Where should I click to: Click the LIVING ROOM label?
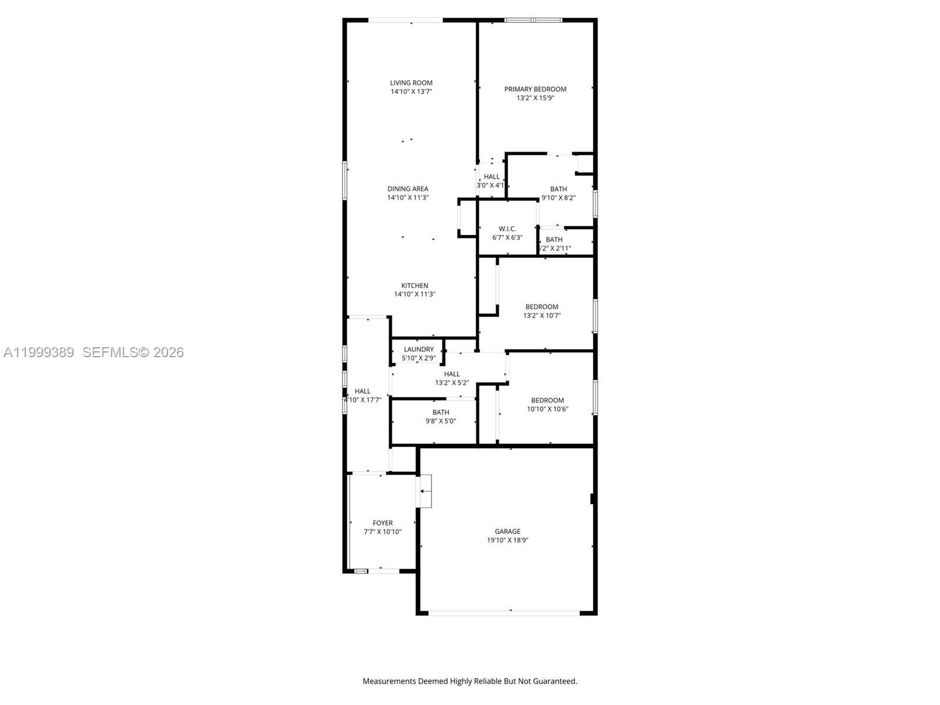pos(411,83)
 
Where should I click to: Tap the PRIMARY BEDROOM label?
pos(535,89)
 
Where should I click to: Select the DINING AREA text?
pos(408,189)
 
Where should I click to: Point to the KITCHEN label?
pos(415,286)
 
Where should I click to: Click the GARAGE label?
pos(508,531)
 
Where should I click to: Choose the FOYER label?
pos(382,523)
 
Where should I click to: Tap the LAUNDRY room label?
pos(418,349)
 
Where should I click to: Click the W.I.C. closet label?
pos(507,229)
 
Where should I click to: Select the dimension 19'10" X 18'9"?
pos(508,540)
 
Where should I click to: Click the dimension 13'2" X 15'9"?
pos(535,98)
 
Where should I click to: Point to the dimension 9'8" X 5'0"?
pos(441,421)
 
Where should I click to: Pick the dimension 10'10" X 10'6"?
pos(548,409)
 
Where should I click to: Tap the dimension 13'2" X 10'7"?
pos(542,315)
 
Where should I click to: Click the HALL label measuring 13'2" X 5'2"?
pos(452,374)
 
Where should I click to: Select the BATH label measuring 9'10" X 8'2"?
pos(558,189)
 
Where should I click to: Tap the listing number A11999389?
pos(39,352)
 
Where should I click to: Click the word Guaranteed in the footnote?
pos(555,681)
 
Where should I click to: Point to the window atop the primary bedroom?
pos(533,21)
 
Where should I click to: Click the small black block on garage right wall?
pos(593,499)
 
